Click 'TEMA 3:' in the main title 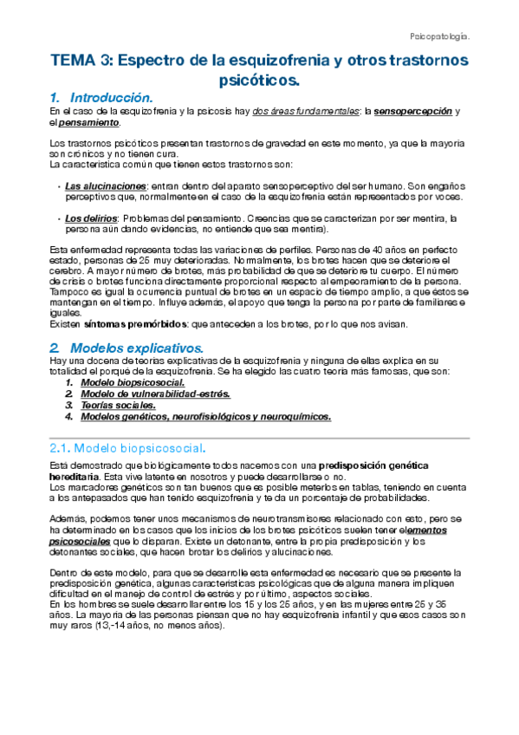(81, 62)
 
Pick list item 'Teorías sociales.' (118, 405)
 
